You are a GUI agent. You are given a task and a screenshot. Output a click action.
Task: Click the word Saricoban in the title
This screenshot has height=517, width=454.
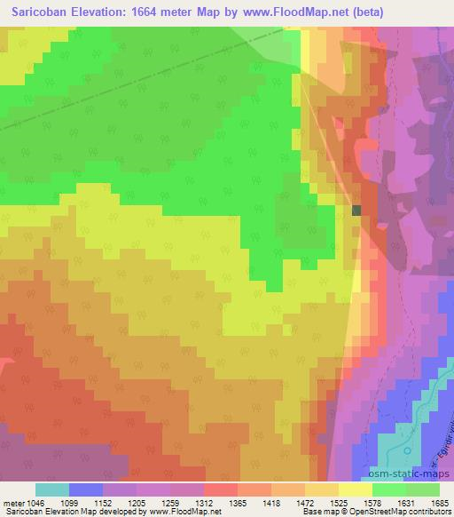coord(40,12)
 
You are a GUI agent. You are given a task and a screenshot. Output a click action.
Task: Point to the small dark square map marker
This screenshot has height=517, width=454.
coord(356,211)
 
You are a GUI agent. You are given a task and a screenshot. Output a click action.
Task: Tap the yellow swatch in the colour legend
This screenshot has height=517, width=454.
coord(356,489)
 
